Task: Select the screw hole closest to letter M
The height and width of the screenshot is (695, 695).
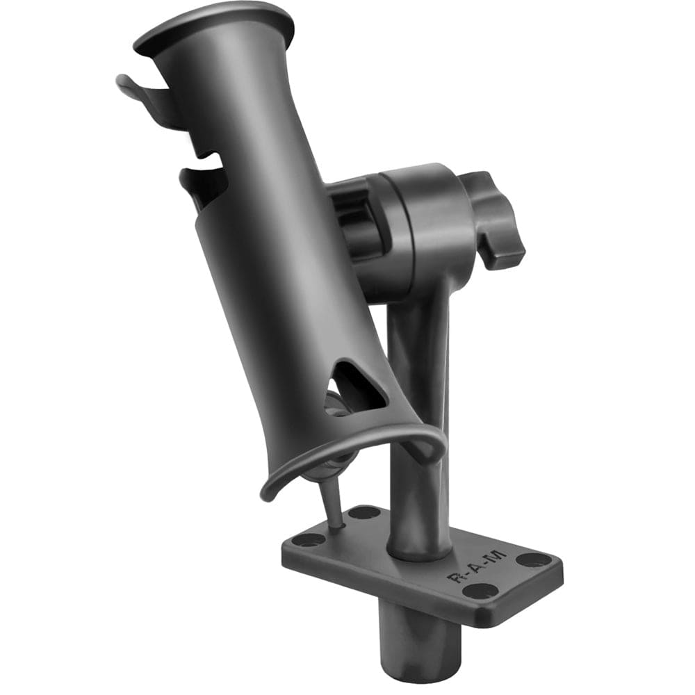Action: point(534,559)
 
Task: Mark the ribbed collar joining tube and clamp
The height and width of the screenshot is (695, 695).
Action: point(351,215)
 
